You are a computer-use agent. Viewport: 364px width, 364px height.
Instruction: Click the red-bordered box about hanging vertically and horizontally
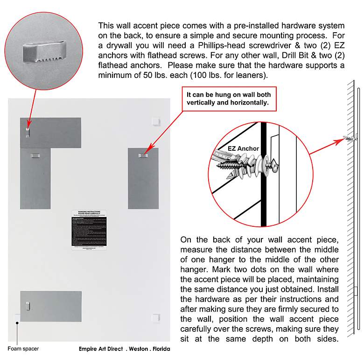click(x=229, y=98)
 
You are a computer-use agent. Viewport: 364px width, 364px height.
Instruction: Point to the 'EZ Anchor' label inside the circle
click(x=243, y=148)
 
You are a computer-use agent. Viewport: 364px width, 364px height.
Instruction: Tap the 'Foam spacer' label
click(x=23, y=349)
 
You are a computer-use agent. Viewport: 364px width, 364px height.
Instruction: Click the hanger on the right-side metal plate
click(x=143, y=154)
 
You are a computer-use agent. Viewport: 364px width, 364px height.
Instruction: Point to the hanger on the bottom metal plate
click(x=28, y=306)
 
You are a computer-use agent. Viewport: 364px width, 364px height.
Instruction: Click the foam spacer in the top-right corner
click(x=156, y=121)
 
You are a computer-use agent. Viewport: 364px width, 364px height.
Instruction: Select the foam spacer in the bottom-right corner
click(x=156, y=318)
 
